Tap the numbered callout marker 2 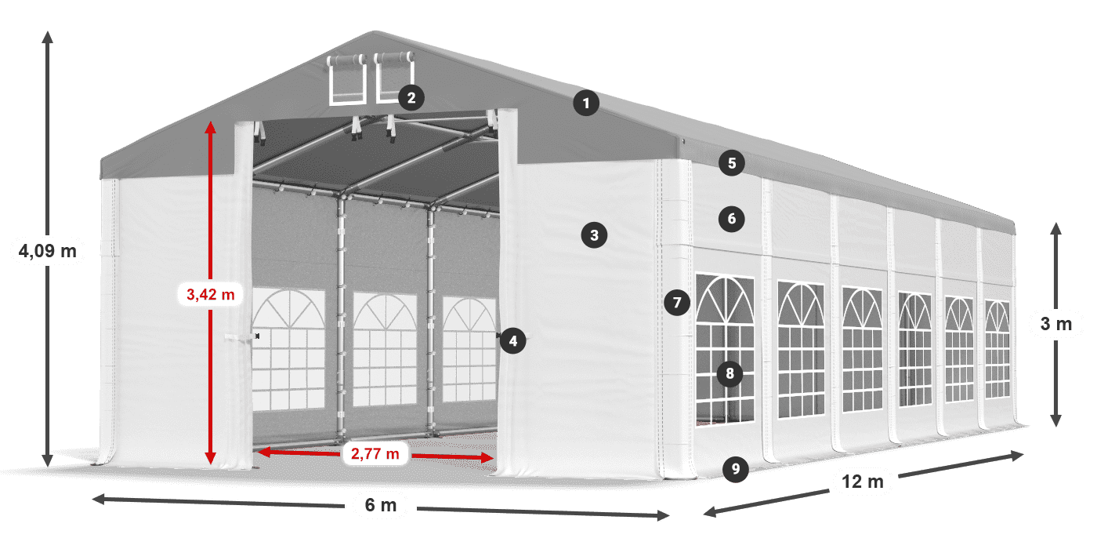pyautogui.click(x=411, y=97)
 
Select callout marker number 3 pyautogui.click(x=594, y=234)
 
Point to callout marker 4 pyautogui.click(x=512, y=340)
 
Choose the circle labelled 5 pyautogui.click(x=731, y=163)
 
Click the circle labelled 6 pyautogui.click(x=731, y=219)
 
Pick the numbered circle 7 pyautogui.click(x=676, y=303)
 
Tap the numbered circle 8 pyautogui.click(x=730, y=373)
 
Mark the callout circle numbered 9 pyautogui.click(x=735, y=469)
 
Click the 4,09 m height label pyautogui.click(x=47, y=251)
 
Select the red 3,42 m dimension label pyautogui.click(x=210, y=295)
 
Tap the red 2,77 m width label pyautogui.click(x=375, y=453)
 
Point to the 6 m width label pyautogui.click(x=381, y=506)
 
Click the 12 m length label pyautogui.click(x=863, y=482)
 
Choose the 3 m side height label pyautogui.click(x=1055, y=323)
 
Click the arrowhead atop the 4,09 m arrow pyautogui.click(x=47, y=36)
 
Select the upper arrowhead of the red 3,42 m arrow pyautogui.click(x=210, y=126)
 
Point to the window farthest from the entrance pyautogui.click(x=997, y=349)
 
